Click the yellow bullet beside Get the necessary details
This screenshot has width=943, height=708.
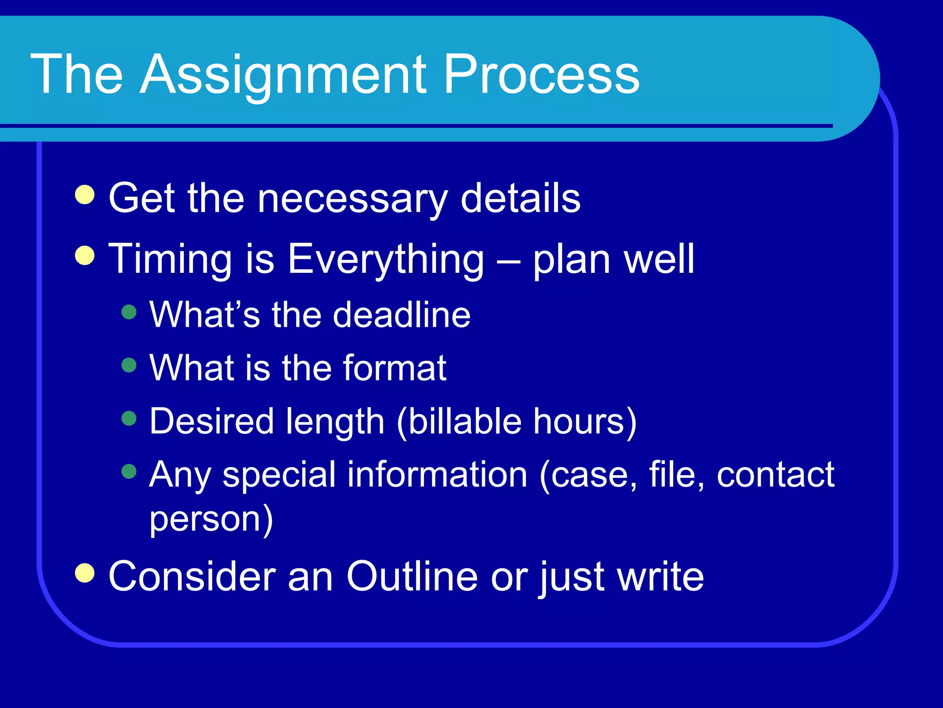[85, 195]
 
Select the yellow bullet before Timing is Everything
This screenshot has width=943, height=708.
[85, 256]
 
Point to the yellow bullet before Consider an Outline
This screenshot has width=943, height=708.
[85, 573]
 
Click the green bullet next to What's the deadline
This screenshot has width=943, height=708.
[129, 312]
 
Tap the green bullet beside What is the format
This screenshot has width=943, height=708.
[129, 366]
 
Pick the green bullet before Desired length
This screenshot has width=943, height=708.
[129, 419]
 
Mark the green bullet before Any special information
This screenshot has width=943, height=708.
[129, 472]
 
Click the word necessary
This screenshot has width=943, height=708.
[352, 199]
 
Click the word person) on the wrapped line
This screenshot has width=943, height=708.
[211, 520]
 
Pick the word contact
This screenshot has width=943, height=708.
[775, 474]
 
